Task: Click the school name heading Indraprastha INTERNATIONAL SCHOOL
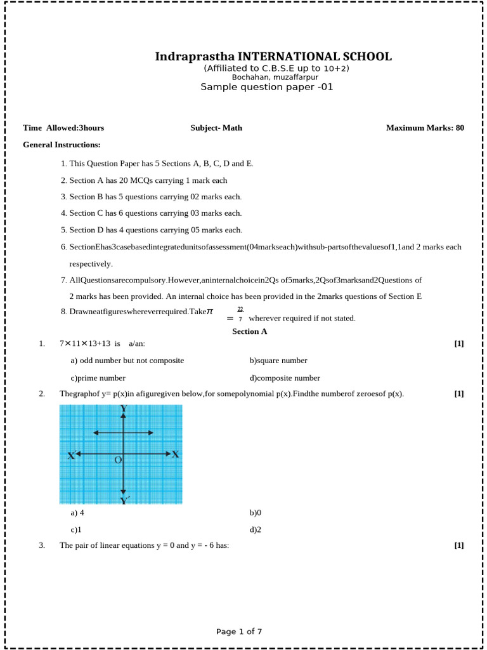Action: [273, 57]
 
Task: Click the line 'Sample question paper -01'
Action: [266, 87]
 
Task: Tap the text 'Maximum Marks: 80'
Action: [425, 128]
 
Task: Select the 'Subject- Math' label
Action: [216, 128]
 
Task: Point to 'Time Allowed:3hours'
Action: [63, 128]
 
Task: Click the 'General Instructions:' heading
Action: [62, 145]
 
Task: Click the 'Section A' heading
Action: [250, 331]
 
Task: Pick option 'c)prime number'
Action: [98, 378]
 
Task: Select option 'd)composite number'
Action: [285, 378]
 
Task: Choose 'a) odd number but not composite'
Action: [127, 361]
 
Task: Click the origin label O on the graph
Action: [118, 460]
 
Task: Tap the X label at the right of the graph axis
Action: [176, 454]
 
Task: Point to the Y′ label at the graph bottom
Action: [126, 501]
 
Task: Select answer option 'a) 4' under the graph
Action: [77, 512]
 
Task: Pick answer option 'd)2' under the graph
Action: [256, 529]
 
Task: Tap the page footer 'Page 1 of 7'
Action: [239, 632]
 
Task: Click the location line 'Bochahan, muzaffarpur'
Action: [266, 77]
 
